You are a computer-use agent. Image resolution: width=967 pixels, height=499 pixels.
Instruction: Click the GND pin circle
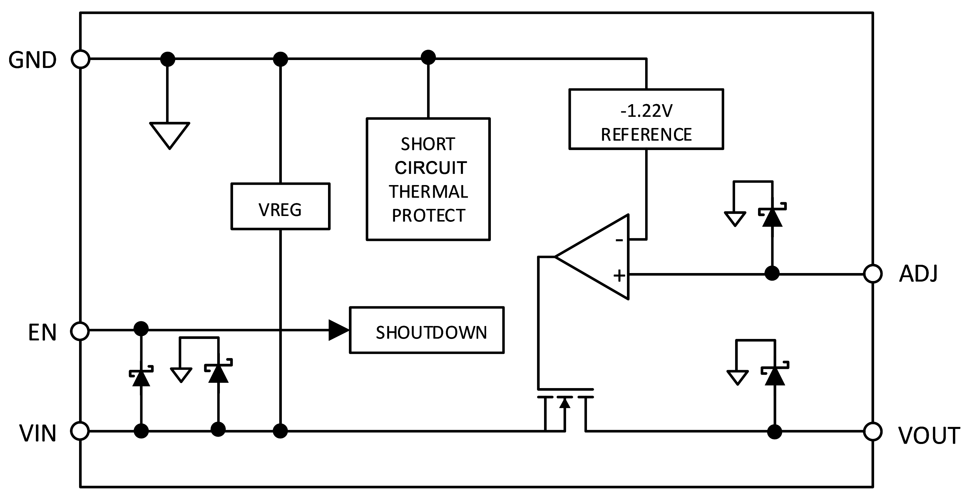click(80, 59)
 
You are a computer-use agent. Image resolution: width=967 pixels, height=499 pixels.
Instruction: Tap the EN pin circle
click(80, 331)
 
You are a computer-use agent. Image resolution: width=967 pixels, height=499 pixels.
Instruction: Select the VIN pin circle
click(80, 431)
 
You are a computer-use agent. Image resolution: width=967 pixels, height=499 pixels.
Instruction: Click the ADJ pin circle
click(873, 274)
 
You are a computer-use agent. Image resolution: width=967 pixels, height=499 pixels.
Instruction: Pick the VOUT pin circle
click(873, 432)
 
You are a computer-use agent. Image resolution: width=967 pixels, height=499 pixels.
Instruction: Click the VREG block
click(280, 206)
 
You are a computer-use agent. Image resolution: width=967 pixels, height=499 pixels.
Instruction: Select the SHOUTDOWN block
click(427, 330)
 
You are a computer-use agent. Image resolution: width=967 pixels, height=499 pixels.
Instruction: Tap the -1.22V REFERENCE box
click(646, 119)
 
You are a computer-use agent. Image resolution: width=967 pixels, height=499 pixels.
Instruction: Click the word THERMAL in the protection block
click(428, 192)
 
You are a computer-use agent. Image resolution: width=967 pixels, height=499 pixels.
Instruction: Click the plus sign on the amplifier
click(619, 276)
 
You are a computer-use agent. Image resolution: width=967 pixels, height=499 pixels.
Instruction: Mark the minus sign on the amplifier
click(619, 240)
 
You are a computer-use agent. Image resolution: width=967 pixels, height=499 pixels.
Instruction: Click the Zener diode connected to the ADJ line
click(772, 217)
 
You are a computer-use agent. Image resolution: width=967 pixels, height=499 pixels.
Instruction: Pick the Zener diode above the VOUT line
click(775, 375)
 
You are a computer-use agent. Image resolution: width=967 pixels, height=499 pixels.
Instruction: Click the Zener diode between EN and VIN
click(141, 377)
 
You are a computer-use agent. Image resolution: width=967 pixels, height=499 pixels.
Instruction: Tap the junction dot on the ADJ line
click(772, 274)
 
